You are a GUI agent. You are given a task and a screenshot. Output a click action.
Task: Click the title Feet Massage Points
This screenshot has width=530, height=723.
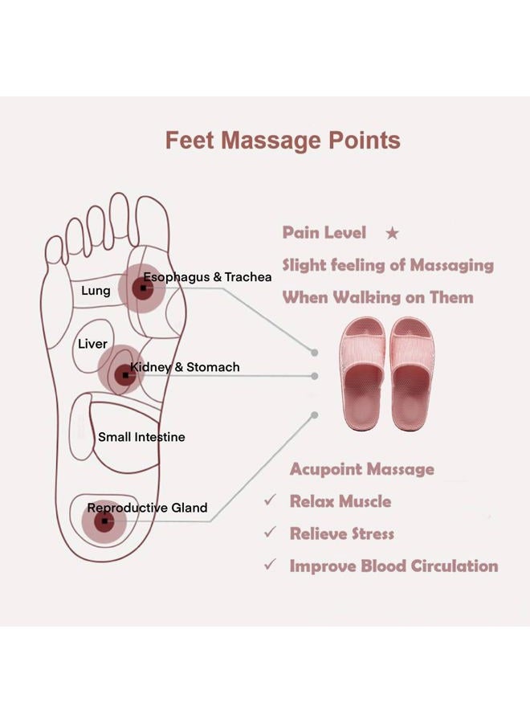(283, 141)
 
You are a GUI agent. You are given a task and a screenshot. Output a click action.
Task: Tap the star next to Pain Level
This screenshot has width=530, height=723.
(392, 233)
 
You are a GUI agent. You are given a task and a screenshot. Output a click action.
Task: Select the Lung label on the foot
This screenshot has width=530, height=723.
(96, 291)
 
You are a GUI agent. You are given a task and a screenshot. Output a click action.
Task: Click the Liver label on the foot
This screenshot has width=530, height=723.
(92, 344)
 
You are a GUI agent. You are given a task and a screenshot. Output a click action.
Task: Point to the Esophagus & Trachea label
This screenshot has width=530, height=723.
(207, 277)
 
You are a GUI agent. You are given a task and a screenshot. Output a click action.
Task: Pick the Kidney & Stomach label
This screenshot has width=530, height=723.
(185, 367)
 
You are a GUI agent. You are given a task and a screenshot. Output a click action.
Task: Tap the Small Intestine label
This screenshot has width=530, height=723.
(141, 437)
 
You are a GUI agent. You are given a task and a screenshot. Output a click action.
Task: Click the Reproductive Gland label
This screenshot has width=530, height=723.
(147, 508)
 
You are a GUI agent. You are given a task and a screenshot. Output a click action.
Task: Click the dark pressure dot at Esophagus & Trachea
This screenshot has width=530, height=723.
(143, 288)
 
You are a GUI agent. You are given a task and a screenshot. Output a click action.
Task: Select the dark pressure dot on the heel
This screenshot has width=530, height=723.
(104, 521)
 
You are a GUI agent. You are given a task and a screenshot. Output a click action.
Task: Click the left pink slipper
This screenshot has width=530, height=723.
(362, 374)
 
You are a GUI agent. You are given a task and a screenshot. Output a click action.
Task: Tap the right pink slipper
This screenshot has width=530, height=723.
(412, 374)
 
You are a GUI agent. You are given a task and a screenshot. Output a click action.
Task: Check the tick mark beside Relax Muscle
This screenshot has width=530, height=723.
(270, 500)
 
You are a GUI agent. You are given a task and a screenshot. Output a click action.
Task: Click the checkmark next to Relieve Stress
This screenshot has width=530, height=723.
(270, 532)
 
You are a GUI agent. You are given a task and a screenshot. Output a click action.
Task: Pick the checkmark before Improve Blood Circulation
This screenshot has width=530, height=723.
(270, 565)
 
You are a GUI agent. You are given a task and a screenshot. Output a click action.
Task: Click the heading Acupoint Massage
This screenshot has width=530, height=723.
(362, 469)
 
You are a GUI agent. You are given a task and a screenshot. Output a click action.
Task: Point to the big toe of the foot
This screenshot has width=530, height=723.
(152, 222)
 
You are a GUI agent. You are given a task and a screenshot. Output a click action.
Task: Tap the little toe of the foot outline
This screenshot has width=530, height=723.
(54, 251)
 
